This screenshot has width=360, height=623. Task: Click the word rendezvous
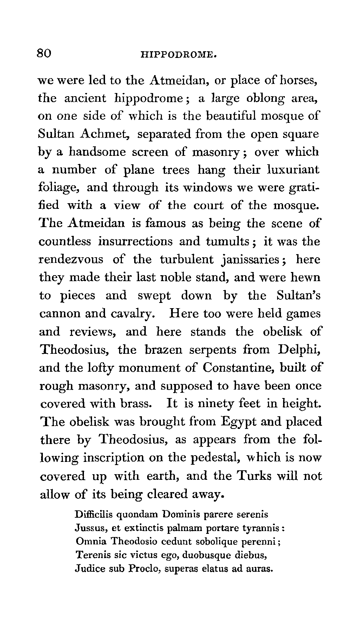point(71,260)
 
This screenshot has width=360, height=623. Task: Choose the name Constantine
point(239,367)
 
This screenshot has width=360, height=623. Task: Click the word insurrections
point(135,242)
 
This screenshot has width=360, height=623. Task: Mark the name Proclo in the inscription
point(144,569)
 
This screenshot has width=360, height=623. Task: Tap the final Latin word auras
point(260,569)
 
